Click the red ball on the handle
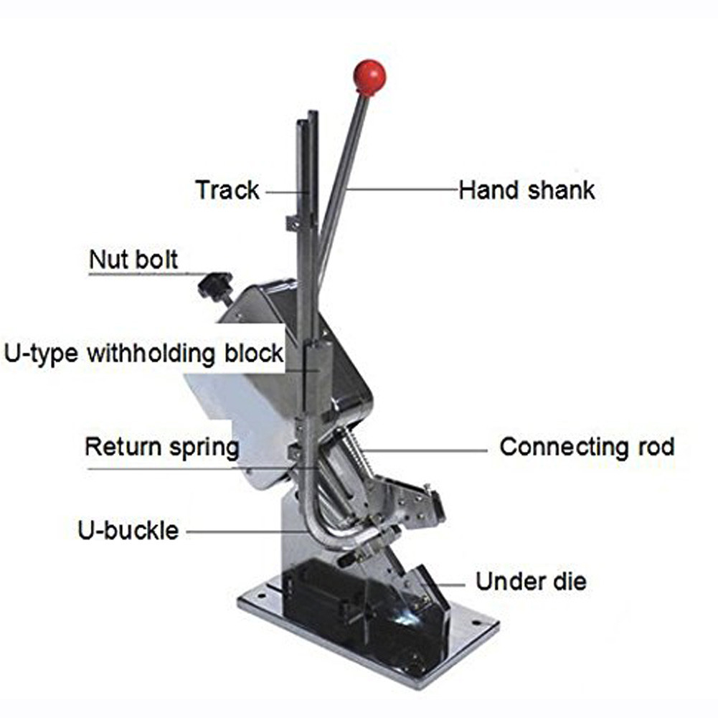[x=369, y=77]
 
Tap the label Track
[x=227, y=191]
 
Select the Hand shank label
[x=526, y=190]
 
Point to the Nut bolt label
[x=133, y=259]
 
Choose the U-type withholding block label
[x=143, y=354]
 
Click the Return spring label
[x=162, y=447]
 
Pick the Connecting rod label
[x=587, y=447]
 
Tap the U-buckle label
[x=128, y=532]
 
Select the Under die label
[x=531, y=581]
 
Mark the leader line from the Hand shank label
[x=402, y=189]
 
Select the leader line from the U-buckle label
[x=237, y=532]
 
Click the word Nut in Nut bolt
[x=107, y=259]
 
